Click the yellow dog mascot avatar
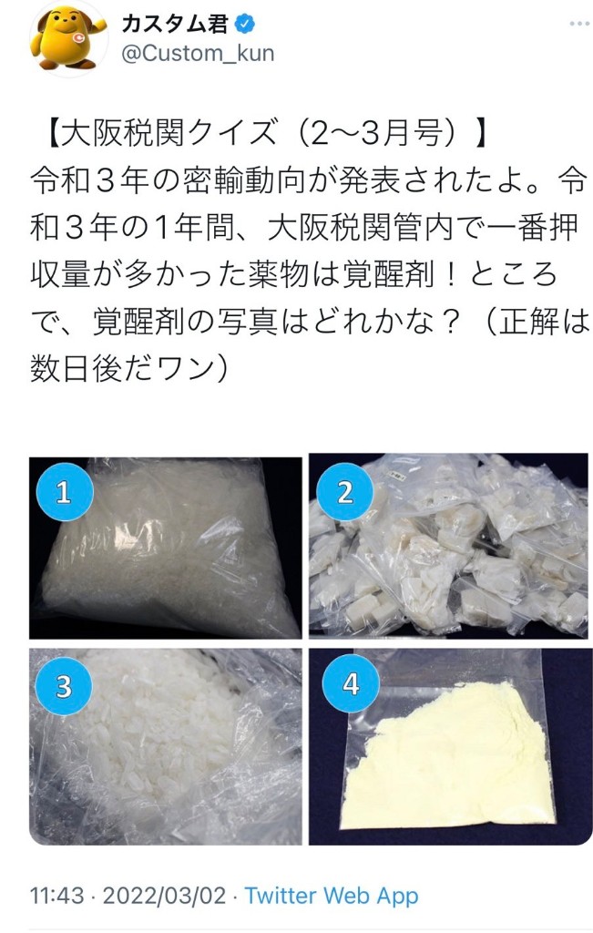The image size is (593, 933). pyautogui.click(x=69, y=39)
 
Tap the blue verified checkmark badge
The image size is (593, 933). pyautogui.click(x=245, y=24)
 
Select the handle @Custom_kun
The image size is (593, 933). pyautogui.click(x=198, y=54)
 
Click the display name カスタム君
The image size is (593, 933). pyautogui.click(x=176, y=24)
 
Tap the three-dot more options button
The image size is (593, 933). pyautogui.click(x=578, y=24)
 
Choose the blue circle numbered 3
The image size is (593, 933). pyautogui.click(x=64, y=686)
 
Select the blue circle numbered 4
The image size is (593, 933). pyautogui.click(x=351, y=684)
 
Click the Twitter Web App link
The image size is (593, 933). pyautogui.click(x=332, y=896)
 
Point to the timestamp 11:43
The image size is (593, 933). pyautogui.click(x=57, y=896)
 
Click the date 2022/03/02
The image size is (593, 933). pyautogui.click(x=164, y=896)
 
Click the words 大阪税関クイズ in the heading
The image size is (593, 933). pyautogui.click(x=169, y=133)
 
